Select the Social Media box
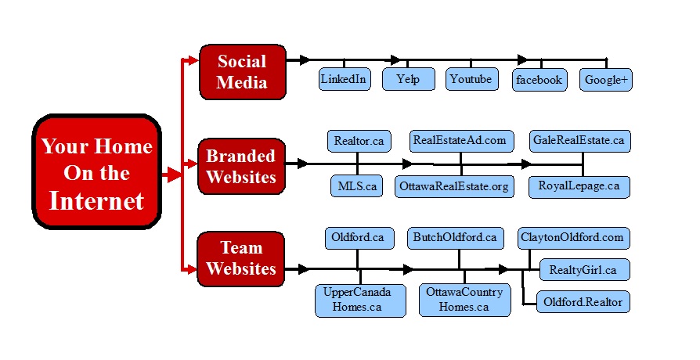[x=242, y=72]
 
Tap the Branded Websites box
[x=241, y=166]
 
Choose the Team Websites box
[x=241, y=258]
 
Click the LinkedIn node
[x=345, y=79]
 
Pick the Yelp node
[x=408, y=79]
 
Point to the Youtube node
[x=471, y=79]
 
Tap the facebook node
[x=539, y=80]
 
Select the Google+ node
[x=606, y=80]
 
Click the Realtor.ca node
[x=358, y=141]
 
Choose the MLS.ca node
[x=357, y=186]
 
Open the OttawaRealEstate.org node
[x=454, y=186]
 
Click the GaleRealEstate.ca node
[x=579, y=141]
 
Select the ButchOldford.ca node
[x=455, y=236]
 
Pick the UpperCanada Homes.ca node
[x=360, y=300]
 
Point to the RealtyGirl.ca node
[x=583, y=270]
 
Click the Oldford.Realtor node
[x=583, y=301]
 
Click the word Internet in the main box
[x=96, y=201]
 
